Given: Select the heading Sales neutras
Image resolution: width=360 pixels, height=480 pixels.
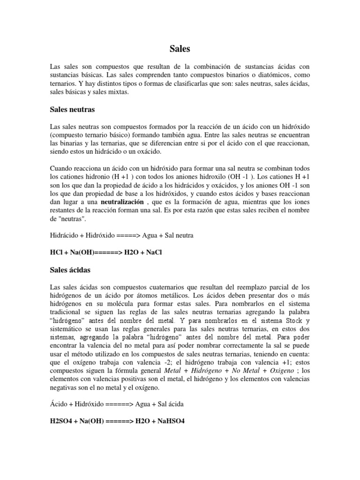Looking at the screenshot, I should (72, 110).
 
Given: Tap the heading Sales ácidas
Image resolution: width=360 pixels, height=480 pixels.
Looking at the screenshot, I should (70, 270).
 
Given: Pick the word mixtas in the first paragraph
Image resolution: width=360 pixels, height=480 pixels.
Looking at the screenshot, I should (117, 92).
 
